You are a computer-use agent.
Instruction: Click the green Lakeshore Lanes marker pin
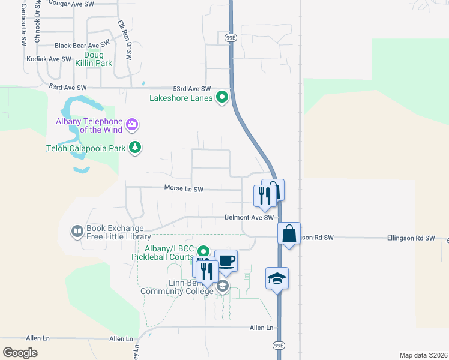223,96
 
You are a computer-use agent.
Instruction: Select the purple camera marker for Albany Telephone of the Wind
133,125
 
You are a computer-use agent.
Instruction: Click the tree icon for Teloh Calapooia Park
136,148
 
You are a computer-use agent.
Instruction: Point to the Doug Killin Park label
94,59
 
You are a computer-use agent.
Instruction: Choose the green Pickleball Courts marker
203,252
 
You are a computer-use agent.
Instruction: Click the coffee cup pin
226,261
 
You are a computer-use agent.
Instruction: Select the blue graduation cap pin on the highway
277,279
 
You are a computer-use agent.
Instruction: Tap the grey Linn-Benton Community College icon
223,286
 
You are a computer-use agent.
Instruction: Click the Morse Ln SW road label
184,189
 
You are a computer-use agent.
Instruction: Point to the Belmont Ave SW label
249,218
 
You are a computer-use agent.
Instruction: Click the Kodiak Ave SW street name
49,59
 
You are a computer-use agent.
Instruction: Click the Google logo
20,353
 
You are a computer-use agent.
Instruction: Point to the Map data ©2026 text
423,355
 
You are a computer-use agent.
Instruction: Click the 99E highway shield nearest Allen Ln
279,346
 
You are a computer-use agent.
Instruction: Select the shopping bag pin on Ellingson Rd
289,233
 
